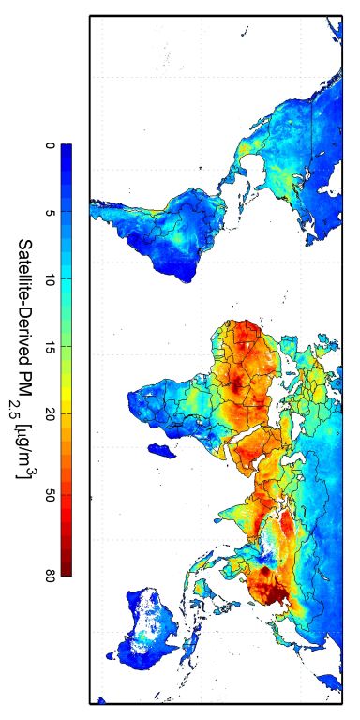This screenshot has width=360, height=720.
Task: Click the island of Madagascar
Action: [166, 452]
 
